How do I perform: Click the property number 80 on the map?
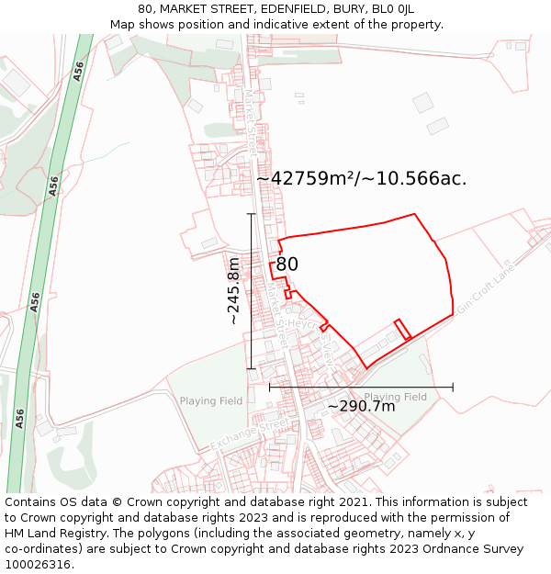[x=287, y=264]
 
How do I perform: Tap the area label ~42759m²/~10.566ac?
[x=361, y=179]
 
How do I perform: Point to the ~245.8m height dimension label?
[x=233, y=291]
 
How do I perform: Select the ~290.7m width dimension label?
[x=362, y=406]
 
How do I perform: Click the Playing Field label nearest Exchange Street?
[x=211, y=401]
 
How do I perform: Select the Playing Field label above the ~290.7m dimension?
[x=395, y=397]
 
